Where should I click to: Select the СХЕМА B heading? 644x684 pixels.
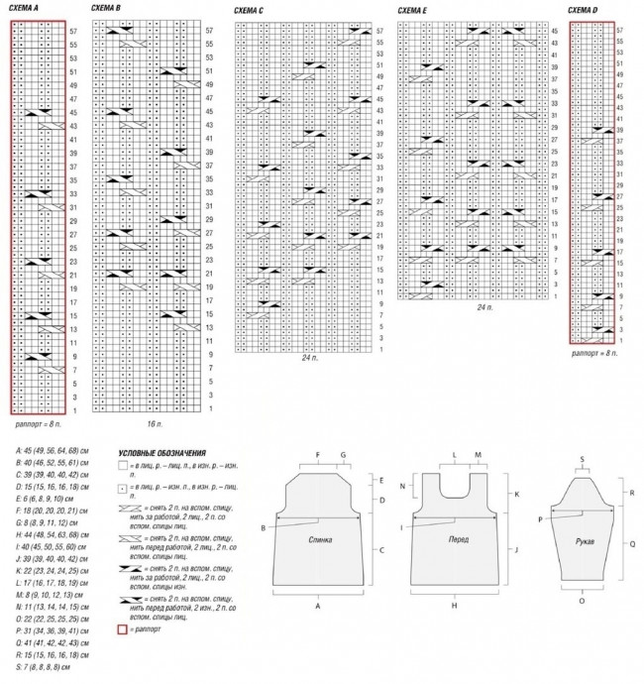click(x=105, y=7)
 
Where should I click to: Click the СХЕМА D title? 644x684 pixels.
click(x=584, y=11)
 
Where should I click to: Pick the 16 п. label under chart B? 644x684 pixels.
click(x=154, y=423)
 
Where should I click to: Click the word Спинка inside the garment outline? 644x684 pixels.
click(x=319, y=539)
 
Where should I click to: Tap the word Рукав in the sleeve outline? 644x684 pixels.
click(x=584, y=542)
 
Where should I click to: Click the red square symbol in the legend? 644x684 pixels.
click(x=122, y=628)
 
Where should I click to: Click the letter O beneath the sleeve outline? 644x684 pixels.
click(x=582, y=601)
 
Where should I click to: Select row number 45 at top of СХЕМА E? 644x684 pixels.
click(x=554, y=31)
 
